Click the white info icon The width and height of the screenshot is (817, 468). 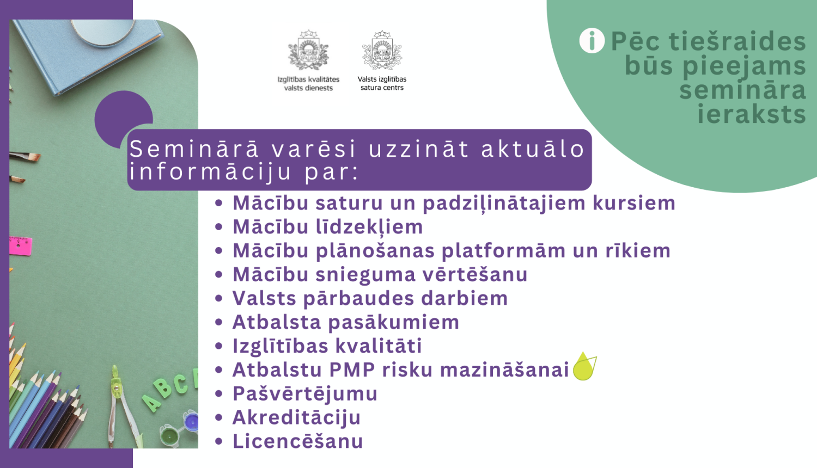(x=592, y=41)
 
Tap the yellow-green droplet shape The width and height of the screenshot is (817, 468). (x=584, y=367)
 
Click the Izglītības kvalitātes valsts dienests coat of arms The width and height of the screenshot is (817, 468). (x=308, y=50)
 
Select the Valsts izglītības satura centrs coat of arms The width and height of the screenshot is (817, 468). (x=382, y=50)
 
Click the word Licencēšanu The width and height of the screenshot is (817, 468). (x=297, y=441)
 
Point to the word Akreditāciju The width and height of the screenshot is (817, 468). (x=296, y=417)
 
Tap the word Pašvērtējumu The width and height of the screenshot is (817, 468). (x=305, y=393)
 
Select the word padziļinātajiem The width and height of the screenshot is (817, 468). (x=504, y=203)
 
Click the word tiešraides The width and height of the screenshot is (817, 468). (x=737, y=41)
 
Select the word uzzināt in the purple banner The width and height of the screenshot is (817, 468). (x=419, y=149)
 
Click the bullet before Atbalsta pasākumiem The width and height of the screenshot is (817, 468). (x=219, y=322)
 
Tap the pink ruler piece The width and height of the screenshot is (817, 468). (x=20, y=245)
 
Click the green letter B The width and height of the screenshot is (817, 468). (x=163, y=389)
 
